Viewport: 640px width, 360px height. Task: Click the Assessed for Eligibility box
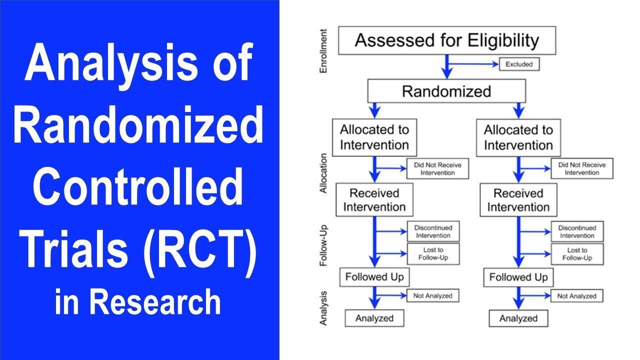point(446,40)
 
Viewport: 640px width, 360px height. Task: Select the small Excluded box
point(519,64)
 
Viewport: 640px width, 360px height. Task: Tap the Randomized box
point(446,91)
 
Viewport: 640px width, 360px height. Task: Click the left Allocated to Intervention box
point(374,137)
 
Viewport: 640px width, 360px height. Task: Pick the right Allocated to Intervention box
point(518,137)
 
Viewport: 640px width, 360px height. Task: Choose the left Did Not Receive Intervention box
point(437,168)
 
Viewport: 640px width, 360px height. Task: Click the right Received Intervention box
point(518,200)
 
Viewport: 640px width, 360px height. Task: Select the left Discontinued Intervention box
point(432,231)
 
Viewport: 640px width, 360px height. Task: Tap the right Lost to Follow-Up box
point(577,254)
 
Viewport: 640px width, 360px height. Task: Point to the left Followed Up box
point(374,277)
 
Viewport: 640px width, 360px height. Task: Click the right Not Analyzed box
point(576,296)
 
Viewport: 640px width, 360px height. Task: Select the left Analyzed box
point(374,318)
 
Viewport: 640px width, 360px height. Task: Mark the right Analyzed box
point(518,318)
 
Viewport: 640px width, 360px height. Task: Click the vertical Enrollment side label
point(323,51)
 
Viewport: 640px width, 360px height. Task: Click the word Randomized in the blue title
point(138,126)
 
